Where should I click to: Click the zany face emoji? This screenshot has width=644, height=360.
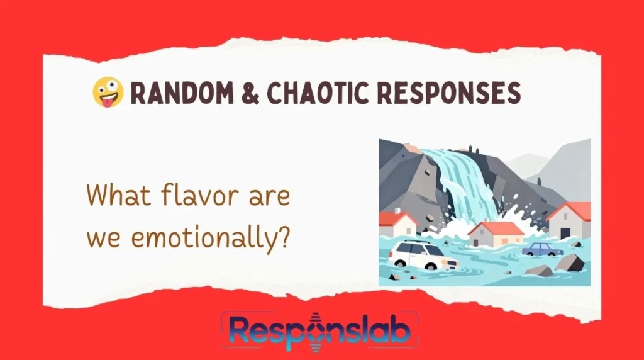click(108, 94)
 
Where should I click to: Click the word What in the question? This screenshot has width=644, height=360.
click(111, 197)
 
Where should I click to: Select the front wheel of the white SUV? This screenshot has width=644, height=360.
click(431, 265)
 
